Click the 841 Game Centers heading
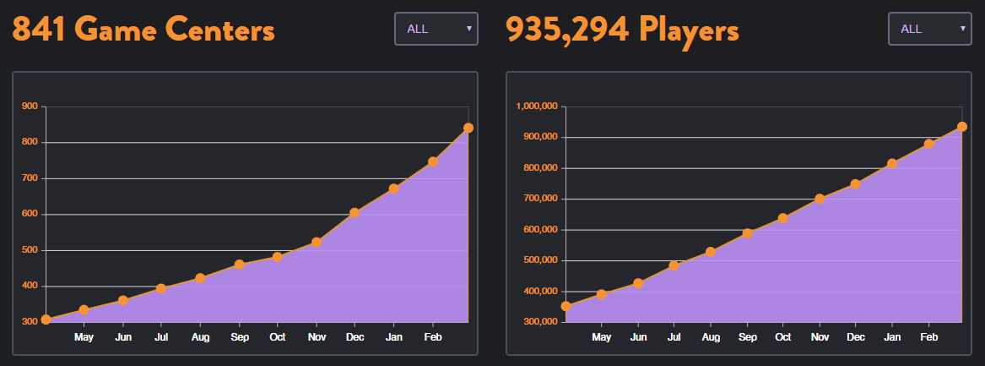click(x=143, y=30)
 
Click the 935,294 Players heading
click(x=622, y=30)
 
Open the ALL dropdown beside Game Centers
click(x=436, y=29)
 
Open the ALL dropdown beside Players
click(x=929, y=29)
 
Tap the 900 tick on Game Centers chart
click(x=30, y=107)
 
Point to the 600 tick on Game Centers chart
click(x=30, y=214)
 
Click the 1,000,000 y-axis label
click(x=537, y=107)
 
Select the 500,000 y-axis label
click(x=540, y=260)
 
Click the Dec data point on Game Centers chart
click(x=354, y=213)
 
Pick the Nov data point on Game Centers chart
click(x=317, y=243)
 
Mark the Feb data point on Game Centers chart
click(x=433, y=161)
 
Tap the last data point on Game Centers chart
click(x=468, y=128)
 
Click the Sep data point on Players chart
click(x=747, y=233)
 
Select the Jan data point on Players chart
click(x=892, y=163)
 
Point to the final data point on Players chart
click(x=961, y=127)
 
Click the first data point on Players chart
click(x=566, y=306)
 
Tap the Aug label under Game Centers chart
click(x=200, y=337)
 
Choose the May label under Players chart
click(x=602, y=337)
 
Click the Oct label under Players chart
click(x=783, y=337)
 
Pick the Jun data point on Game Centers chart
click(x=123, y=300)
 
